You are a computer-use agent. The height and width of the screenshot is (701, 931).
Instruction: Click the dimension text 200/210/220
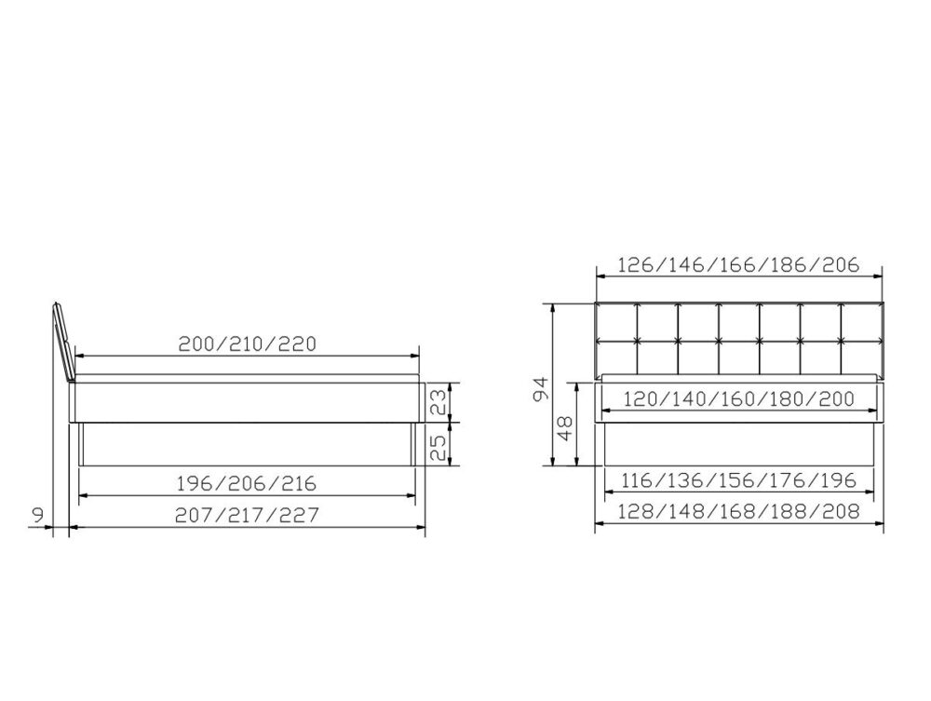[248, 343]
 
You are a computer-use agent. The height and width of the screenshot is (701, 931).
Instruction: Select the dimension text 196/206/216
[247, 483]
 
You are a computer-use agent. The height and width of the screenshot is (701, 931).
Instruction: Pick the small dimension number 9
[36, 513]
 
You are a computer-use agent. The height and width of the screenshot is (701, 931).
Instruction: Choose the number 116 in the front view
[641, 480]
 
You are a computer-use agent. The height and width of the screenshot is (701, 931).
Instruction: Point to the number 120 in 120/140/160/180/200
[641, 398]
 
